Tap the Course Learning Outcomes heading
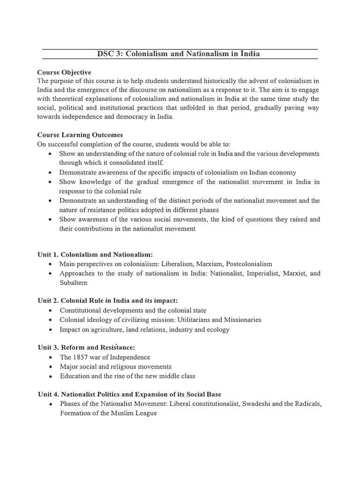[80, 135]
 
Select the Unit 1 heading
[95, 255]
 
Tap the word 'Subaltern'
[73, 283]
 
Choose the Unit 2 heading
[108, 300]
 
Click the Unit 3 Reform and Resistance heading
[86, 347]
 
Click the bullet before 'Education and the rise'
[50, 376]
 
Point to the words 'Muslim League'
[135, 413]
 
